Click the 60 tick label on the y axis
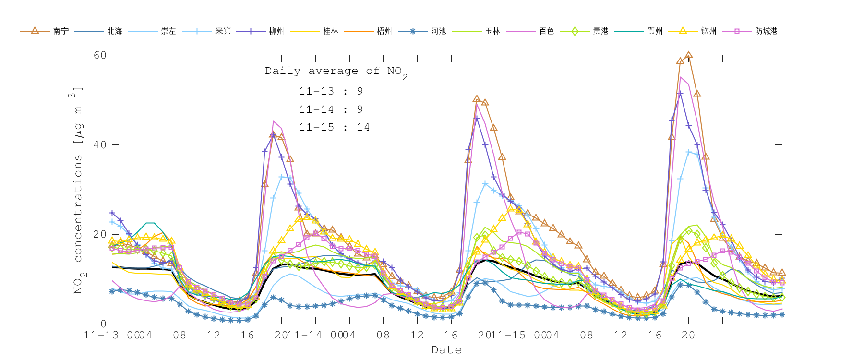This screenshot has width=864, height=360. point(100,55)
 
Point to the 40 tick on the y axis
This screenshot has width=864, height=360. point(100,145)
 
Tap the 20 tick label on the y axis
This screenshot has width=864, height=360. point(100,234)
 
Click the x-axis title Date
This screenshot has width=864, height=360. point(446,350)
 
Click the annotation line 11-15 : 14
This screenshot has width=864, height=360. point(334,127)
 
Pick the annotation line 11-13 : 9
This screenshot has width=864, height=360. point(331,91)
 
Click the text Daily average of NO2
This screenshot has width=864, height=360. point(336,72)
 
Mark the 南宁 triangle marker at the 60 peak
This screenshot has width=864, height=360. point(688,55)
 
